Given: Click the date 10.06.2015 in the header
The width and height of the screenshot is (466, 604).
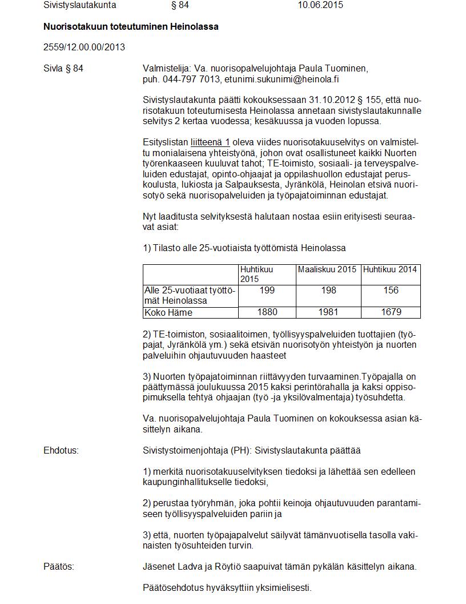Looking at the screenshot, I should click(x=320, y=5).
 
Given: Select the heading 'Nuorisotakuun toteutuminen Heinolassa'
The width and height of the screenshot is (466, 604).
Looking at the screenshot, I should click(x=131, y=26).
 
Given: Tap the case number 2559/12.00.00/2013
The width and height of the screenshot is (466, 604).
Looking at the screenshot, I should click(x=84, y=47).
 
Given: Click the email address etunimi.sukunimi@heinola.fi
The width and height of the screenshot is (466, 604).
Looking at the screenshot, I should click(x=286, y=80).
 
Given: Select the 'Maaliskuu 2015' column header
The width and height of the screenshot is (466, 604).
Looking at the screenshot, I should click(x=327, y=269).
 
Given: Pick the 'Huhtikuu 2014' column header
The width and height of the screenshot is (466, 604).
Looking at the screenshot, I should click(x=390, y=269).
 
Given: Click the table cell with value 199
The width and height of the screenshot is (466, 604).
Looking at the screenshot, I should click(x=267, y=291).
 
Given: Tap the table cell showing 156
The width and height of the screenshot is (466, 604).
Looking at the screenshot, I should click(x=391, y=291).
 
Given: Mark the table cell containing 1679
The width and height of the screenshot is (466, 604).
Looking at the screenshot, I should click(x=391, y=312).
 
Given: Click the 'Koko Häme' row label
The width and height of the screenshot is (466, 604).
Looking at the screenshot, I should click(x=168, y=312).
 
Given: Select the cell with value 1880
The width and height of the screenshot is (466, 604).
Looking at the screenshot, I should click(x=267, y=312).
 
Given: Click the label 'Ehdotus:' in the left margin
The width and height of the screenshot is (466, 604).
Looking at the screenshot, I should click(x=61, y=450).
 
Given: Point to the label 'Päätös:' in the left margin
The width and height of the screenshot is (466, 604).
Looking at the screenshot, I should click(x=59, y=567).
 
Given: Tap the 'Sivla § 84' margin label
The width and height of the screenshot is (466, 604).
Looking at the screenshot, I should click(x=63, y=69).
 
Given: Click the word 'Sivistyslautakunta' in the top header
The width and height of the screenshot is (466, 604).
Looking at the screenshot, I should click(x=80, y=5).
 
